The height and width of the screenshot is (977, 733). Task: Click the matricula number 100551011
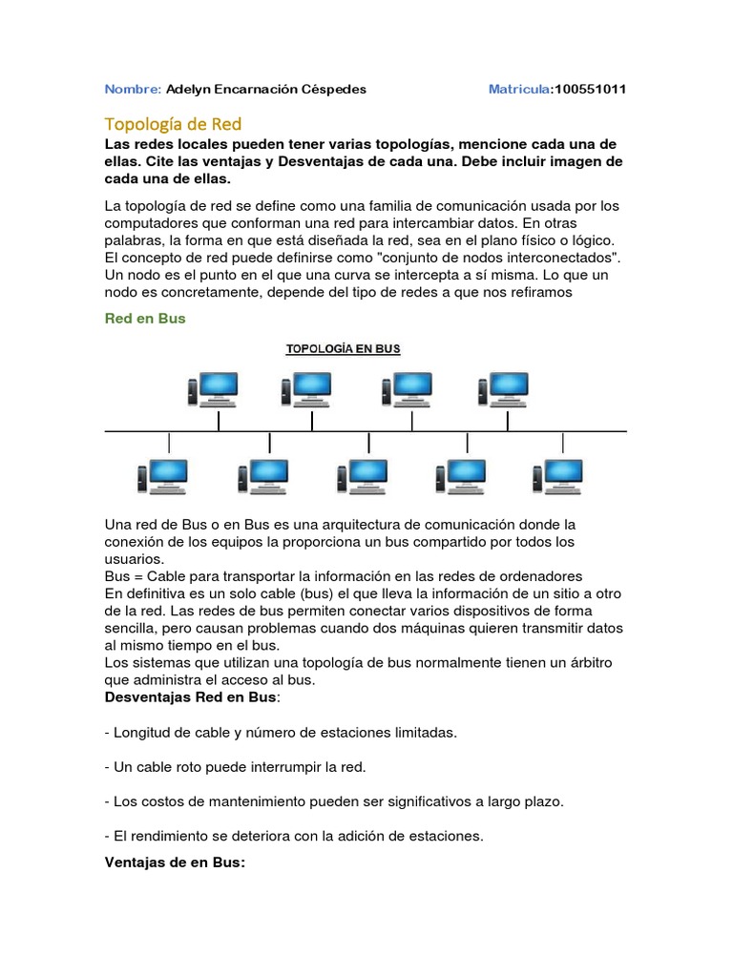[x=590, y=89]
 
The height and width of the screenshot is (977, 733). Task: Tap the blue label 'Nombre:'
[x=133, y=89]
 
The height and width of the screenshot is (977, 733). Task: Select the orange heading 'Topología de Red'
[x=173, y=124]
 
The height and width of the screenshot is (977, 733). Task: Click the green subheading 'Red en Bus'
[x=145, y=319]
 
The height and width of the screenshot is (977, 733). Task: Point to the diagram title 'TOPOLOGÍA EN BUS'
[x=344, y=349]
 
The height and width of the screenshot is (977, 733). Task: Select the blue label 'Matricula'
[x=519, y=89]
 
